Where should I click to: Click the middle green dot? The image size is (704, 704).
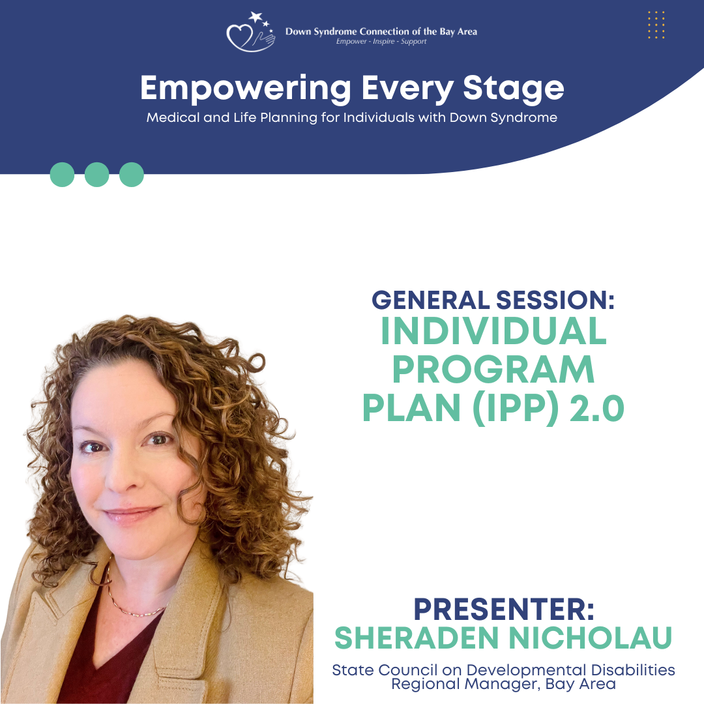97,175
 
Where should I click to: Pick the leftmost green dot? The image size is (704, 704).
62,175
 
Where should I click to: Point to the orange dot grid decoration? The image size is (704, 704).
656,25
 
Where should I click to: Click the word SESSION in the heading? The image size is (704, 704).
555,300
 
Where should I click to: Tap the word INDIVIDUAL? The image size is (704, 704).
493,331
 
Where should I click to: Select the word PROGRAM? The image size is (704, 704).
493,370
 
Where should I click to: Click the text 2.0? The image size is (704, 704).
596,409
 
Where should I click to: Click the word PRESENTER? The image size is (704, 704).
504,609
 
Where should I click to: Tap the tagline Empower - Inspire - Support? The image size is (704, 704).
381,41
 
